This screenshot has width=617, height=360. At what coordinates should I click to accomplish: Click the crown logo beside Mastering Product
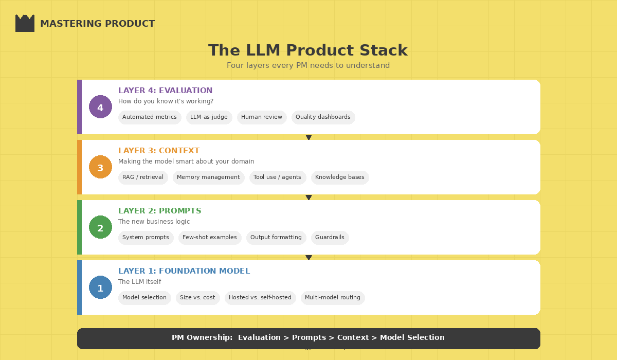25,24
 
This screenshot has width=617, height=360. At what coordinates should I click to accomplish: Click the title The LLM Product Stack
307,50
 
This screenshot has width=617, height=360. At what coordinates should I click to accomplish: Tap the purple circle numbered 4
100,107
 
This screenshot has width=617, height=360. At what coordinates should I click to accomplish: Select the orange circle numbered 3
100,167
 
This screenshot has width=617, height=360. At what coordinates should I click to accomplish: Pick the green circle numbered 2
100,227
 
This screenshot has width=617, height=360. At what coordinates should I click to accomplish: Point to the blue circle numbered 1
100,287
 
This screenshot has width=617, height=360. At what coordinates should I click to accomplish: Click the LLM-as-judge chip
209,117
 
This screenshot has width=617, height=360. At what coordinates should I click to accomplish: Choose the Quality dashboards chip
323,117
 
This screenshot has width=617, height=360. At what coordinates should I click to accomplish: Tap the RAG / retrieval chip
143,177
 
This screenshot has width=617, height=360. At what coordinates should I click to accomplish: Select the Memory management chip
208,177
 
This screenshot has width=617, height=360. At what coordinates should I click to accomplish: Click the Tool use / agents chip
277,177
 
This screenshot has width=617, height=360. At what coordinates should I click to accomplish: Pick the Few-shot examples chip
210,238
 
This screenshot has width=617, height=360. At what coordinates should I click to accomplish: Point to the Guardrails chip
330,238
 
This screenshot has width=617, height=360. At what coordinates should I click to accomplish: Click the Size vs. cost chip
197,298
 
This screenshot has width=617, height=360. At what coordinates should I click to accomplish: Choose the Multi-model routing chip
333,298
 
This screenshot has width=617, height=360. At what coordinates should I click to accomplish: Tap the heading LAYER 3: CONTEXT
159,151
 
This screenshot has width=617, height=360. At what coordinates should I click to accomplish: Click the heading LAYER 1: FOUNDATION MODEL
184,271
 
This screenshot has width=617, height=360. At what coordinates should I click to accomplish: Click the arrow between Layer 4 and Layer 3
308,137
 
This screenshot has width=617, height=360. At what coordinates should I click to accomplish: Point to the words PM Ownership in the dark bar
202,338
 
